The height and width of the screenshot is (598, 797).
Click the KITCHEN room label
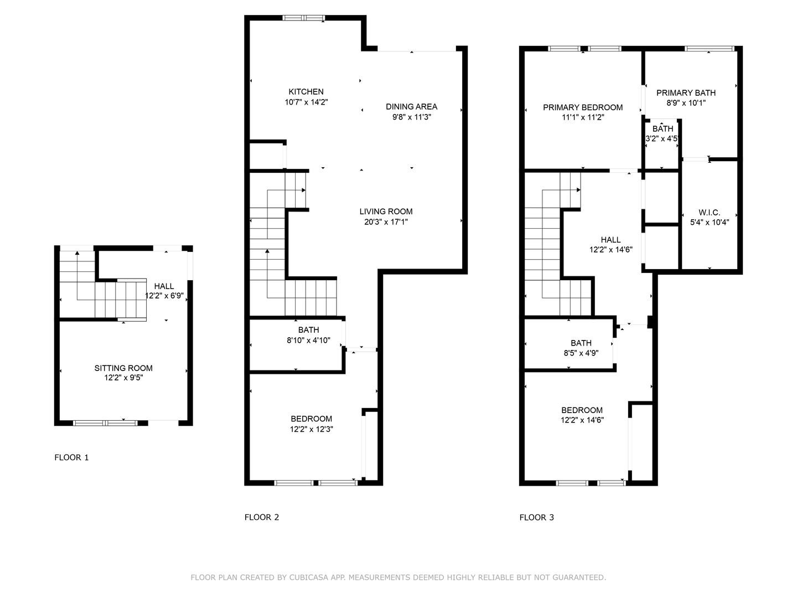click(306, 92)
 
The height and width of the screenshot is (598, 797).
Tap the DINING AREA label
click(411, 107)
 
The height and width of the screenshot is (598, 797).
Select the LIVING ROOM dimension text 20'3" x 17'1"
click(386, 222)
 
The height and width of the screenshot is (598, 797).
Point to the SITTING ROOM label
click(123, 368)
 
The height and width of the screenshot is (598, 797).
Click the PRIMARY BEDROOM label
click(583, 107)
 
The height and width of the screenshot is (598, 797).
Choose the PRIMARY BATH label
click(686, 93)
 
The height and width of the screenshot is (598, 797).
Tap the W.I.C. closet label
click(709, 213)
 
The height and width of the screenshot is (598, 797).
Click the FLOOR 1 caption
click(71, 457)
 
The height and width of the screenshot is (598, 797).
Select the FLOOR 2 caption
click(262, 517)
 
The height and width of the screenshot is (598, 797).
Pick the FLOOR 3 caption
click(536, 517)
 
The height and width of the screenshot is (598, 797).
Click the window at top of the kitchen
click(303, 18)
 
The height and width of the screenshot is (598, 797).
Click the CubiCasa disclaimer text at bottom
click(398, 578)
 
